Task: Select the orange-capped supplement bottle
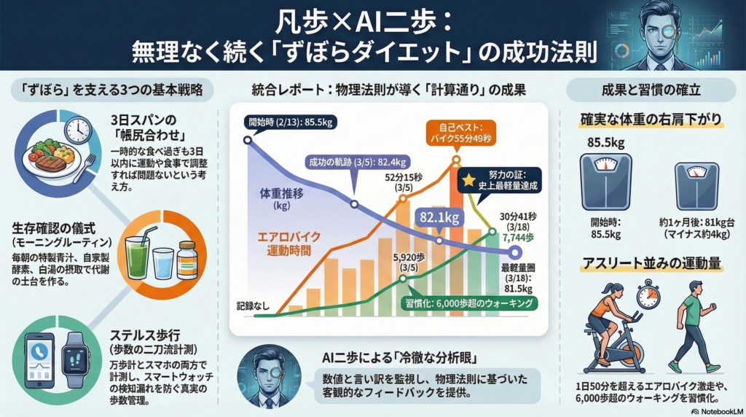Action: coord(187,259)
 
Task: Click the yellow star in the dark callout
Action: coord(470,179)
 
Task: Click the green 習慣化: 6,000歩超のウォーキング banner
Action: coord(466,304)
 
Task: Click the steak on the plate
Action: coord(50,162)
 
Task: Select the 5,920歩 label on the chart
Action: coord(408,262)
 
